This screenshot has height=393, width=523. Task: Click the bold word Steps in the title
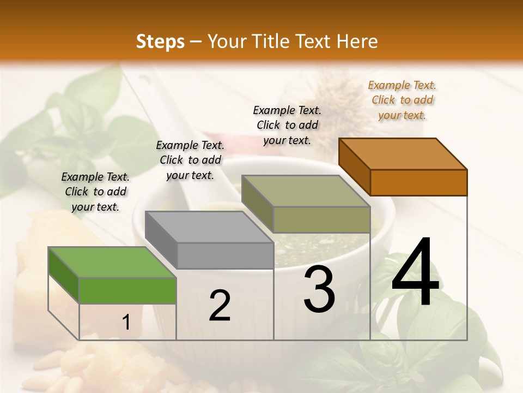tap(160, 41)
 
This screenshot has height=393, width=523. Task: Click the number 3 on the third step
tap(319, 289)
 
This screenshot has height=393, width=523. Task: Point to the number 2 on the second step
tap(220, 306)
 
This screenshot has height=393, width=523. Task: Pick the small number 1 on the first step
tap(126, 323)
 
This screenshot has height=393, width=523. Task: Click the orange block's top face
tap(403, 153)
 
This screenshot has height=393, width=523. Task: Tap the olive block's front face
tap(321, 220)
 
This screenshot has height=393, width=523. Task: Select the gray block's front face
tap(225, 255)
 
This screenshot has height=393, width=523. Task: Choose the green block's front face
tap(127, 290)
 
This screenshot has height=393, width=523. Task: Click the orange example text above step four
tap(402, 100)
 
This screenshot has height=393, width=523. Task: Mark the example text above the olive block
tap(287, 125)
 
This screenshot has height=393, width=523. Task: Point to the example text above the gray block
tap(190, 160)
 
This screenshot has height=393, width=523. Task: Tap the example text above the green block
tap(95, 192)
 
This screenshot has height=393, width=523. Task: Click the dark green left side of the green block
tap(64, 275)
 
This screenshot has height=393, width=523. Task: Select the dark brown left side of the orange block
tap(354, 166)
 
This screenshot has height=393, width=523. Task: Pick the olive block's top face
tap(306, 191)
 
